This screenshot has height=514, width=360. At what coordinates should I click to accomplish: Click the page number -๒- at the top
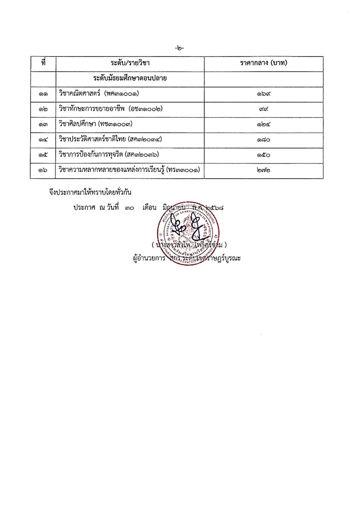click(x=180, y=48)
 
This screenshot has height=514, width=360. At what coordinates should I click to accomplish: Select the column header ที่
click(x=43, y=63)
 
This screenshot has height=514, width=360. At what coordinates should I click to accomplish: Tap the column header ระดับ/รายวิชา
click(x=130, y=63)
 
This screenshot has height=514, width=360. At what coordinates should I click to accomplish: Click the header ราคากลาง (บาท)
click(x=263, y=63)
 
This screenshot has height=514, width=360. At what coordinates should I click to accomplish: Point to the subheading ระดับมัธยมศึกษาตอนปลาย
click(x=130, y=79)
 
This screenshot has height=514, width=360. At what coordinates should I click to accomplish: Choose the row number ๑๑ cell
click(x=43, y=94)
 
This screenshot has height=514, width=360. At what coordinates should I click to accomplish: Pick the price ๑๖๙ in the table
click(x=263, y=94)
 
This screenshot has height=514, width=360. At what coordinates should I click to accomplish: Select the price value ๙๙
click(x=263, y=109)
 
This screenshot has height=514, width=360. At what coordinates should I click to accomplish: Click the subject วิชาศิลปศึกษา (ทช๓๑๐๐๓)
click(x=96, y=124)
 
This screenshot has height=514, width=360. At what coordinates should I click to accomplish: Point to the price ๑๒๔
click(x=263, y=124)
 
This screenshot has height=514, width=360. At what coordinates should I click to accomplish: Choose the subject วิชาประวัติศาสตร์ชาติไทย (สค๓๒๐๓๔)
click(x=110, y=139)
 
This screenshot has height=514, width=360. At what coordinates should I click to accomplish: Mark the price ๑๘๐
click(x=263, y=140)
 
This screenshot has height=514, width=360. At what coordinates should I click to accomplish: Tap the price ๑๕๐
click(x=263, y=155)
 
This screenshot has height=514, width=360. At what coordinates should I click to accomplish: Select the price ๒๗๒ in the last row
click(x=263, y=170)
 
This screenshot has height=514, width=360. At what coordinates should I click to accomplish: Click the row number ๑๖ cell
click(x=43, y=170)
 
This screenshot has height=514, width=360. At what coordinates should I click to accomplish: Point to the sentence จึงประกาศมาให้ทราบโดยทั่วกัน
click(x=90, y=193)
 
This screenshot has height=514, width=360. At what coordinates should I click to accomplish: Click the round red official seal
click(x=189, y=233)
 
